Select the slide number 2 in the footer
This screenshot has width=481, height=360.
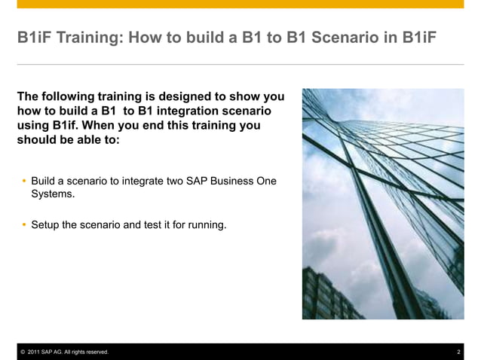(x=459, y=352)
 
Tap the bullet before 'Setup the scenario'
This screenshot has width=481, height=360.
(x=24, y=224)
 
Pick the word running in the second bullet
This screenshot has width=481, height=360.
(x=208, y=224)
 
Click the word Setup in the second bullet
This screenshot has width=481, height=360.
(x=46, y=224)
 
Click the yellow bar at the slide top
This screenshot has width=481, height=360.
(x=240, y=5)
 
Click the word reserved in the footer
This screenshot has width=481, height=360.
(x=94, y=352)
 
